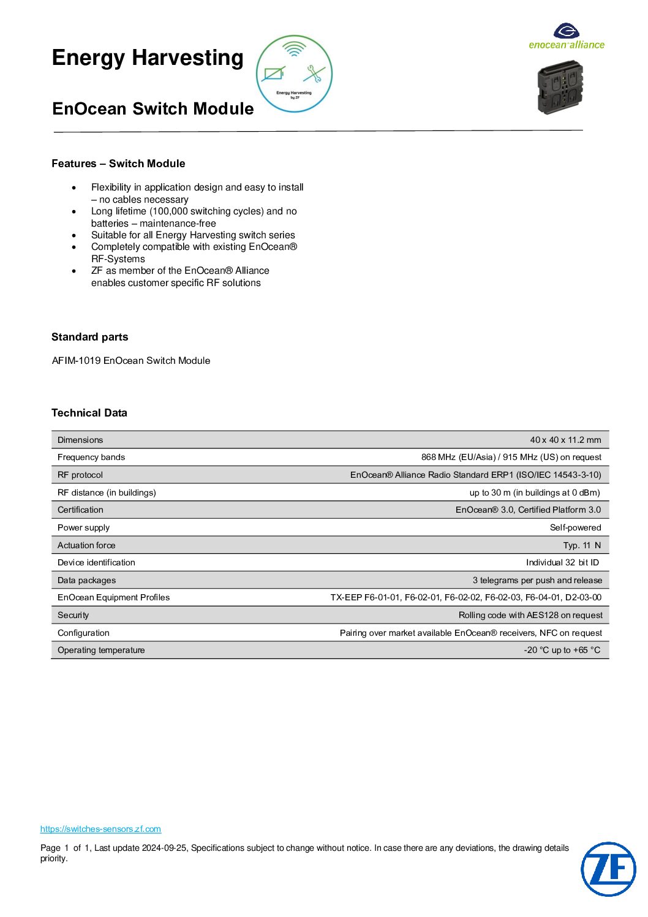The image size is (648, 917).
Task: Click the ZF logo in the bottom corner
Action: [608, 869]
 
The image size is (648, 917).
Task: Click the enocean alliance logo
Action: [567, 36]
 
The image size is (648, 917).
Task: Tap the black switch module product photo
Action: [560, 87]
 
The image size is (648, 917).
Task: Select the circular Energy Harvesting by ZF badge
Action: [294, 74]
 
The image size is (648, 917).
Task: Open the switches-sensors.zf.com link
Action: [100, 829]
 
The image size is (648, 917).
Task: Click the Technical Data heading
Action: [89, 413]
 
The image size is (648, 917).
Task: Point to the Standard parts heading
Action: [90, 337]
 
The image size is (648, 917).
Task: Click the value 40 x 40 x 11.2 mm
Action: [565, 440]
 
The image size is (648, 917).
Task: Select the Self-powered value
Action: [575, 527]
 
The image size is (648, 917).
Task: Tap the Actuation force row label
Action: [86, 545]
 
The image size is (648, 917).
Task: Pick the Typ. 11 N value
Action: [582, 545]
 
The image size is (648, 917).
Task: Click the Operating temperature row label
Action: [101, 650]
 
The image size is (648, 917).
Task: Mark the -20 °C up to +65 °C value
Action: [562, 650]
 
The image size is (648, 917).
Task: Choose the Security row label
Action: [73, 615]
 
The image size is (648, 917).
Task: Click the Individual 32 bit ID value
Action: [562, 562]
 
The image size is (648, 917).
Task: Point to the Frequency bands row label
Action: [91, 457]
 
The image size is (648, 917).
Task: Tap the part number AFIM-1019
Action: [76, 361]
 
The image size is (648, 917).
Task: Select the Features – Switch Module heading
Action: [118, 164]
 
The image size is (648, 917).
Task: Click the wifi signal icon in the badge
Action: [295, 49]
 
